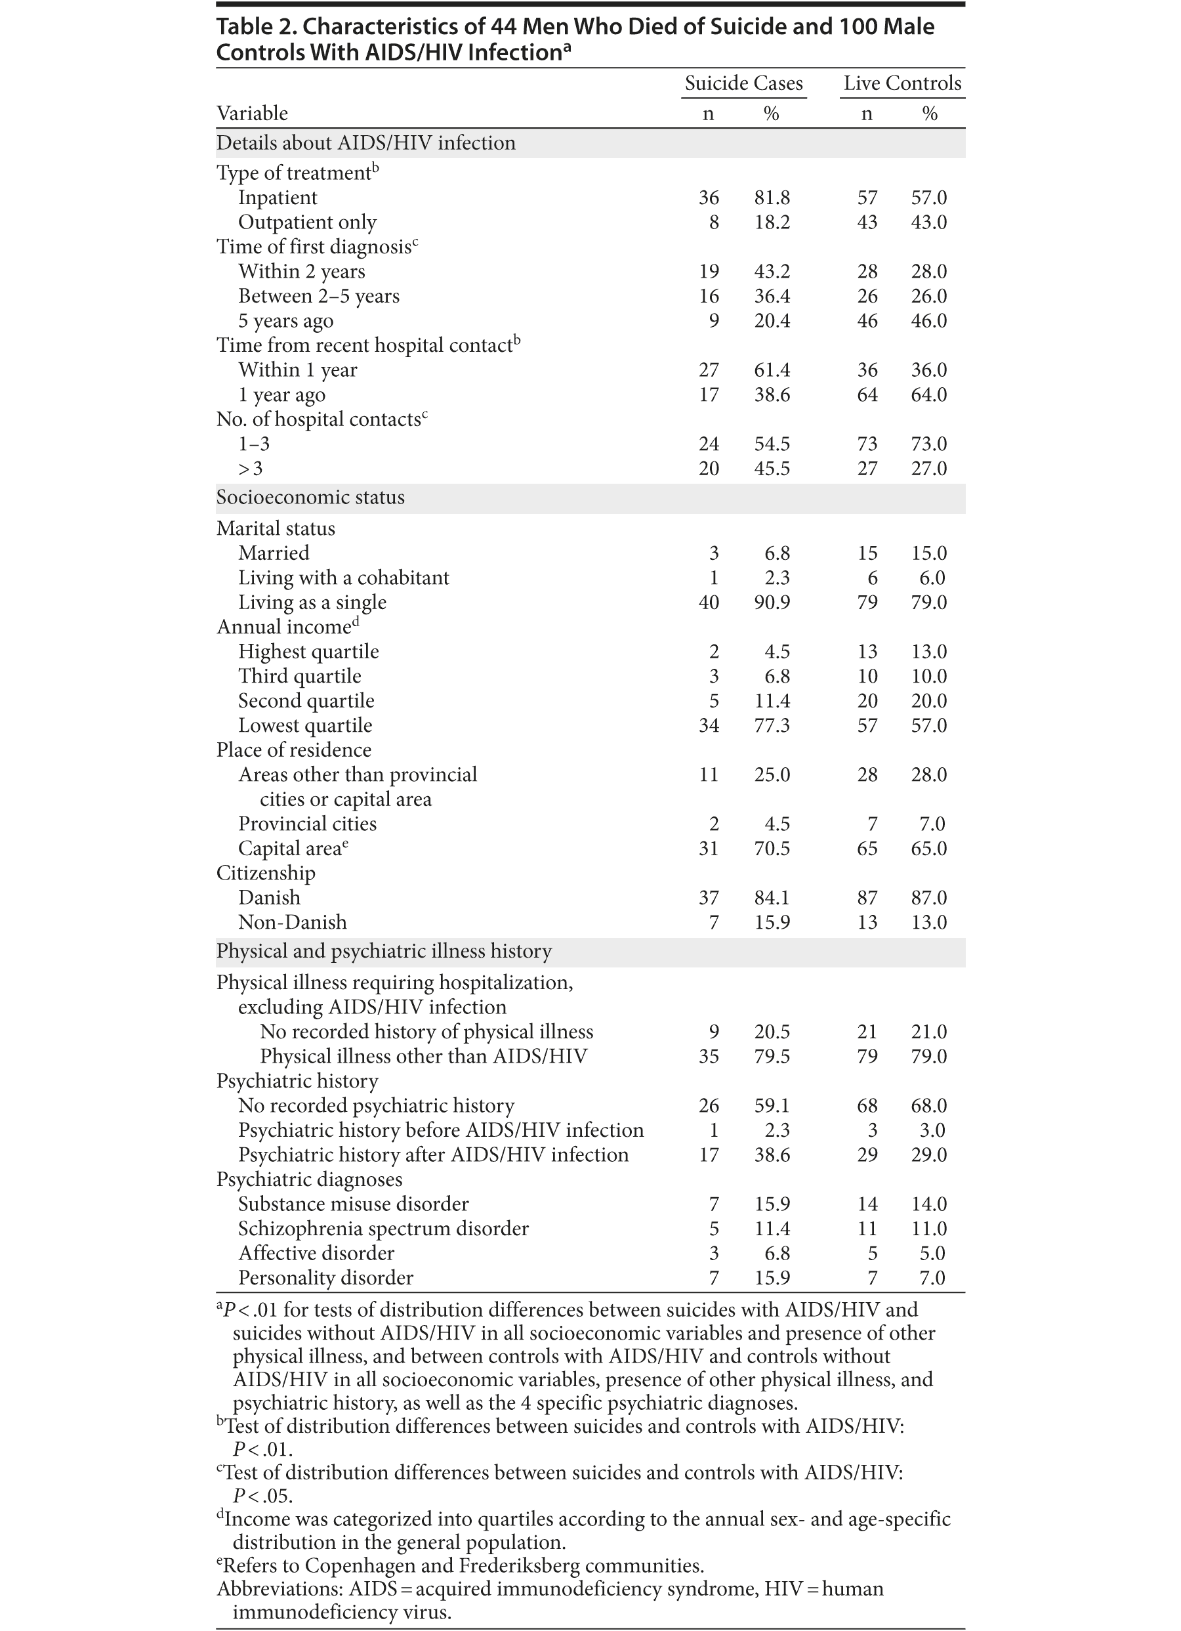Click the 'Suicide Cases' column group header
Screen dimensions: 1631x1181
(x=743, y=83)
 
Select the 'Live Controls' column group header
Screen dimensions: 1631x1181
(x=902, y=83)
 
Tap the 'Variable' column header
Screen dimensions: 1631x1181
(x=253, y=114)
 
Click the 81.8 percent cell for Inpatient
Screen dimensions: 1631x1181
(x=772, y=198)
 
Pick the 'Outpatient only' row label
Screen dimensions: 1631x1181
(x=307, y=222)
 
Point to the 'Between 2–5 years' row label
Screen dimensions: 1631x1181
(x=318, y=296)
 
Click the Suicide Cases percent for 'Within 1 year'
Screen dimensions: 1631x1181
(x=772, y=370)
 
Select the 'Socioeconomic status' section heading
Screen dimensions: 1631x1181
(x=310, y=498)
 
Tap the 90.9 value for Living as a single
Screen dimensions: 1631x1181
(x=772, y=603)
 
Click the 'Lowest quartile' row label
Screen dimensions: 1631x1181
(x=305, y=726)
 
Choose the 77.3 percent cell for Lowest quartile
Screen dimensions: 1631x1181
(x=772, y=726)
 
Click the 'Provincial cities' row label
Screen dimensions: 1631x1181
(x=307, y=824)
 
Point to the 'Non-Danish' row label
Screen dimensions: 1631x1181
(x=292, y=923)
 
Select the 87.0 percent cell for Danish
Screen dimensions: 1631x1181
(x=928, y=899)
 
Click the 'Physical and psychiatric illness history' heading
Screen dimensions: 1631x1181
(x=384, y=952)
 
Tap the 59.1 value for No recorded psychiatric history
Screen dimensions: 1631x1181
(x=772, y=1105)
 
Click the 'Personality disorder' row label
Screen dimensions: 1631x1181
(x=325, y=1278)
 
